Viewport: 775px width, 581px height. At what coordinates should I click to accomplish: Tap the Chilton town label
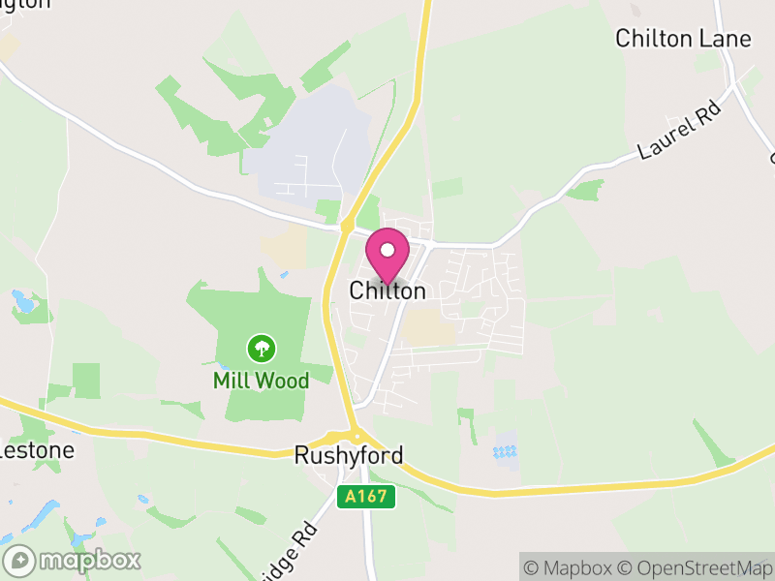(x=387, y=290)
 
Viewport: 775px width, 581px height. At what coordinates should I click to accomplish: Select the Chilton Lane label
(x=683, y=39)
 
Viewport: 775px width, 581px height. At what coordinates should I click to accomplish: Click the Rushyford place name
(x=349, y=455)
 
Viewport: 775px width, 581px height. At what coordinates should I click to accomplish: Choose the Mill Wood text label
(x=261, y=381)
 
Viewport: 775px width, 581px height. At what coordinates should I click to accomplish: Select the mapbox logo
(x=73, y=560)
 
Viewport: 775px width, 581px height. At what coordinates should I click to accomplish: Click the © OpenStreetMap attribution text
(x=697, y=567)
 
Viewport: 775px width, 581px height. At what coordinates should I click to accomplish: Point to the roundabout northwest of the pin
(x=346, y=227)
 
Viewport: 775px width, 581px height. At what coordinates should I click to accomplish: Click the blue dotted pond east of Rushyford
(x=504, y=451)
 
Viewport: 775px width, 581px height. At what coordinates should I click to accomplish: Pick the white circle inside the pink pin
(x=387, y=251)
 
